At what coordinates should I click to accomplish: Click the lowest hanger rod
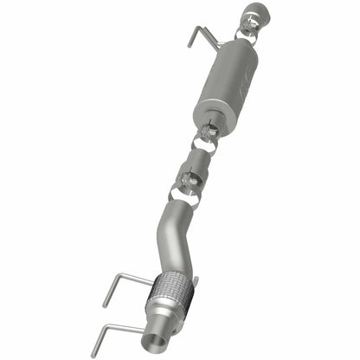[x=121, y=327]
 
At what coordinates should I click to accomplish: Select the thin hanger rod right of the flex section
[x=193, y=283]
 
